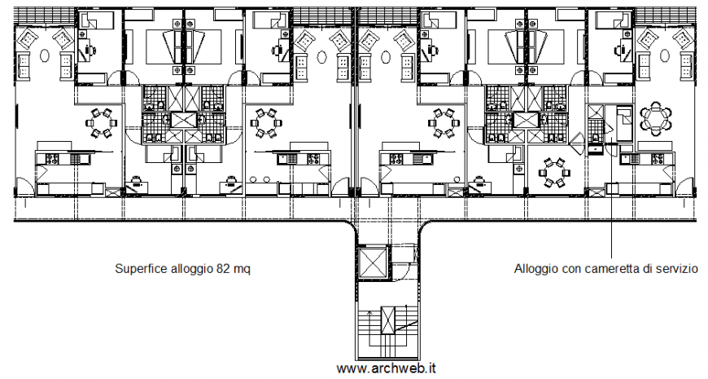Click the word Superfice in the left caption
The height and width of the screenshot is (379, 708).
point(139,268)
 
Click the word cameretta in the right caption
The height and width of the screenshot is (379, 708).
point(606,268)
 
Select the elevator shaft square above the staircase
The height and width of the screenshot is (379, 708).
point(374,262)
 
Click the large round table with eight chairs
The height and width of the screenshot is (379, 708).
point(656,118)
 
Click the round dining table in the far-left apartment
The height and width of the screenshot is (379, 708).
point(103,123)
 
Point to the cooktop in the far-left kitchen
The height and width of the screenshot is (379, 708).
point(50,159)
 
